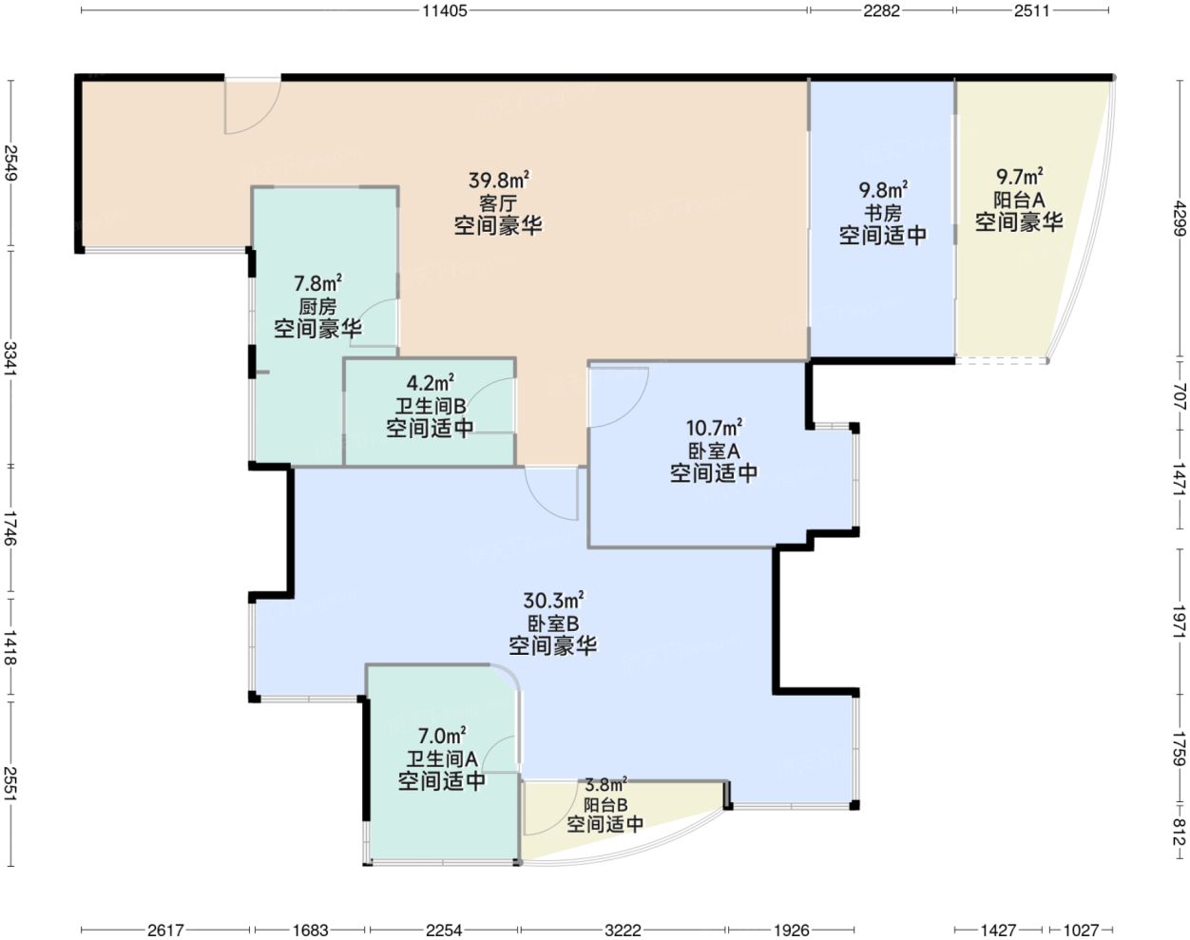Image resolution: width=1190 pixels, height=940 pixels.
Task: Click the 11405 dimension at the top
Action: tap(445, 10)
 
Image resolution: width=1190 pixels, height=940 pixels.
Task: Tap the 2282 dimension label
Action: tap(881, 10)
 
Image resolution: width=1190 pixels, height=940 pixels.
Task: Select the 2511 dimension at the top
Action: tap(1032, 10)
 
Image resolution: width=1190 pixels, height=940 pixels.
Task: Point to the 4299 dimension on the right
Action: tap(1180, 219)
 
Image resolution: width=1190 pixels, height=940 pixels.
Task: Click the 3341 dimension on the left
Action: tap(10, 357)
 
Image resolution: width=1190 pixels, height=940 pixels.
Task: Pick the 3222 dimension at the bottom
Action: tap(623, 930)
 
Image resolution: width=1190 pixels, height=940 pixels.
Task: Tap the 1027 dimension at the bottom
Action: tap(1081, 930)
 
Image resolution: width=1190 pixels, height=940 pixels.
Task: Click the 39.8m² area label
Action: tap(499, 180)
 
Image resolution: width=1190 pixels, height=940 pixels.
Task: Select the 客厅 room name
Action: tap(498, 203)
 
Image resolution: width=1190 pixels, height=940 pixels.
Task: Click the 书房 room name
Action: tap(883, 213)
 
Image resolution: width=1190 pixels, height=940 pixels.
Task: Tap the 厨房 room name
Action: tap(317, 306)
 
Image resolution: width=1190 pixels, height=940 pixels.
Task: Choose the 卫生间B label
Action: tap(430, 407)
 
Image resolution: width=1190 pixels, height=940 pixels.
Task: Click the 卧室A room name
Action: tap(714, 451)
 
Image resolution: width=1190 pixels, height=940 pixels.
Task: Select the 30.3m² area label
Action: tap(553, 600)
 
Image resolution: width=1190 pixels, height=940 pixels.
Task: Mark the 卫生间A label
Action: tap(442, 758)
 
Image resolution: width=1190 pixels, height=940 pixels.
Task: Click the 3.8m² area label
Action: tap(606, 784)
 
